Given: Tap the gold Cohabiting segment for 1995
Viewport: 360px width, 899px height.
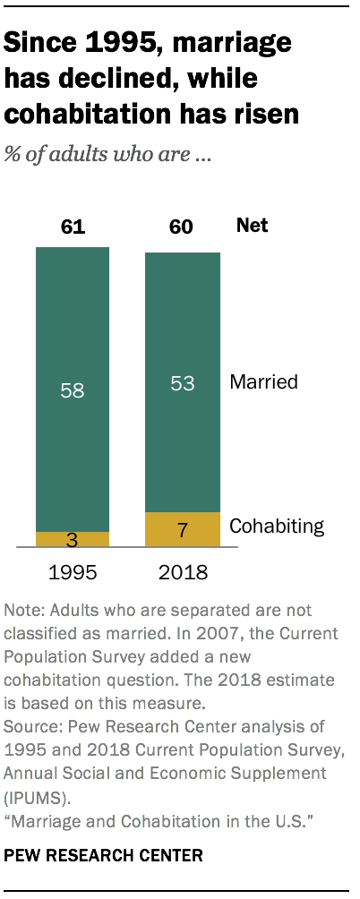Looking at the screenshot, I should pos(72,539).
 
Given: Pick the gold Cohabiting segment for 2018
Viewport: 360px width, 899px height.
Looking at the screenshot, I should pos(182,529).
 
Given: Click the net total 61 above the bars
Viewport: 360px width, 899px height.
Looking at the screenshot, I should pos(73,227).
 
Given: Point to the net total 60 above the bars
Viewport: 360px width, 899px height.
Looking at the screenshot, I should pos(182,227).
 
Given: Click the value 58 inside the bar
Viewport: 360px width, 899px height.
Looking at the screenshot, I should pos(73,391).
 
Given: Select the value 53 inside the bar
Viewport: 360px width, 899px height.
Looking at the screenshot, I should pos(182,382).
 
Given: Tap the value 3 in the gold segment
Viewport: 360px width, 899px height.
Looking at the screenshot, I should pos(73,539).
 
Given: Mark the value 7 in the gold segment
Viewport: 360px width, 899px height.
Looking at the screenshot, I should pos(182,530).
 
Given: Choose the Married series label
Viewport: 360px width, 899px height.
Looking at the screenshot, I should pos(264,382).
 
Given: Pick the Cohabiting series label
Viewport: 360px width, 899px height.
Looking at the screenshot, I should pos(277,526).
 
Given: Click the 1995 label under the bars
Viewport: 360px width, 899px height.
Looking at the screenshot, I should pos(73,572).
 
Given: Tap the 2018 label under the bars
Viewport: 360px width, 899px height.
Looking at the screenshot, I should pos(182,572).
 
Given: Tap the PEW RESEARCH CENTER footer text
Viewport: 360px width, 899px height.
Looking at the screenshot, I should pos(103,856).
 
